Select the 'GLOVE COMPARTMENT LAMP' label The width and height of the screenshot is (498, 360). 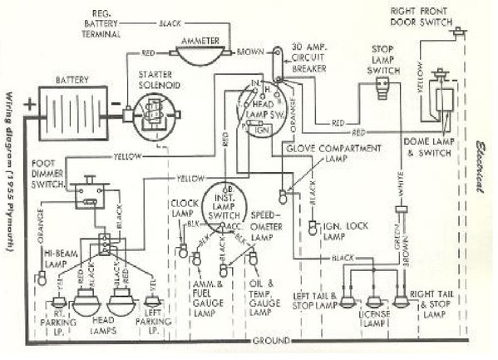(x=333, y=152)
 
